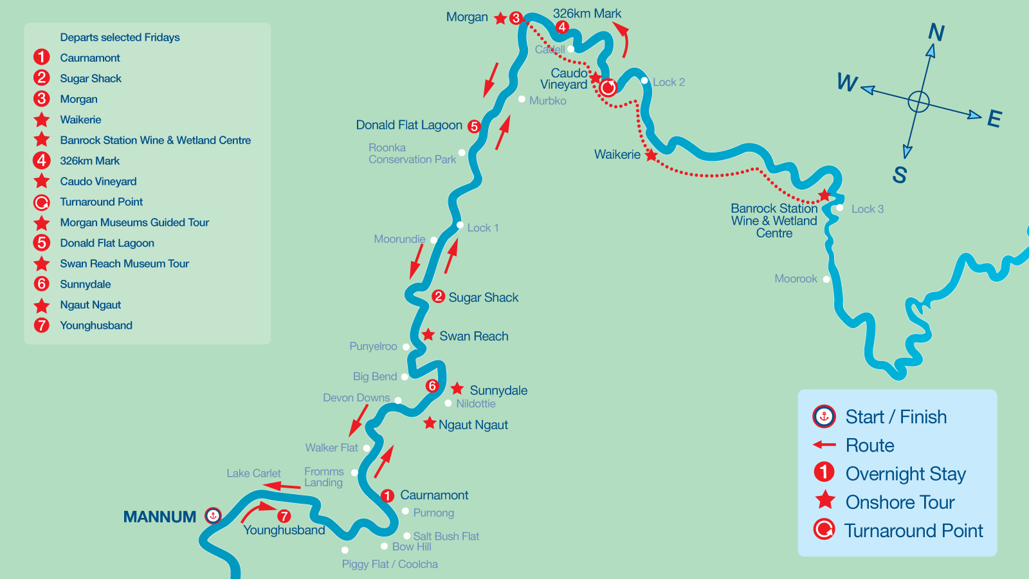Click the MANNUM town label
(159, 517)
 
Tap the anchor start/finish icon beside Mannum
(213, 515)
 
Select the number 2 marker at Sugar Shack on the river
(438, 296)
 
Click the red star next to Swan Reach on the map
(428, 335)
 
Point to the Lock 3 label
(867, 209)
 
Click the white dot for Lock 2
(644, 80)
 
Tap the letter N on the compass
(936, 32)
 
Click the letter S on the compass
(899, 174)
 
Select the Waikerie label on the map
(617, 154)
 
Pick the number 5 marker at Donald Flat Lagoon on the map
(474, 126)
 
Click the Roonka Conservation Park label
(412, 153)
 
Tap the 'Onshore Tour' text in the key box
(900, 502)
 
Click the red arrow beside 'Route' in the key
(824, 445)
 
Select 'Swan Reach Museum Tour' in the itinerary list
(124, 264)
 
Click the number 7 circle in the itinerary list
(42, 325)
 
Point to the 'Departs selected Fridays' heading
(120, 37)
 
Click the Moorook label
(796, 279)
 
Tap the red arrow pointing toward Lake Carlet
(282, 486)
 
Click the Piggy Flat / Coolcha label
(390, 564)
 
